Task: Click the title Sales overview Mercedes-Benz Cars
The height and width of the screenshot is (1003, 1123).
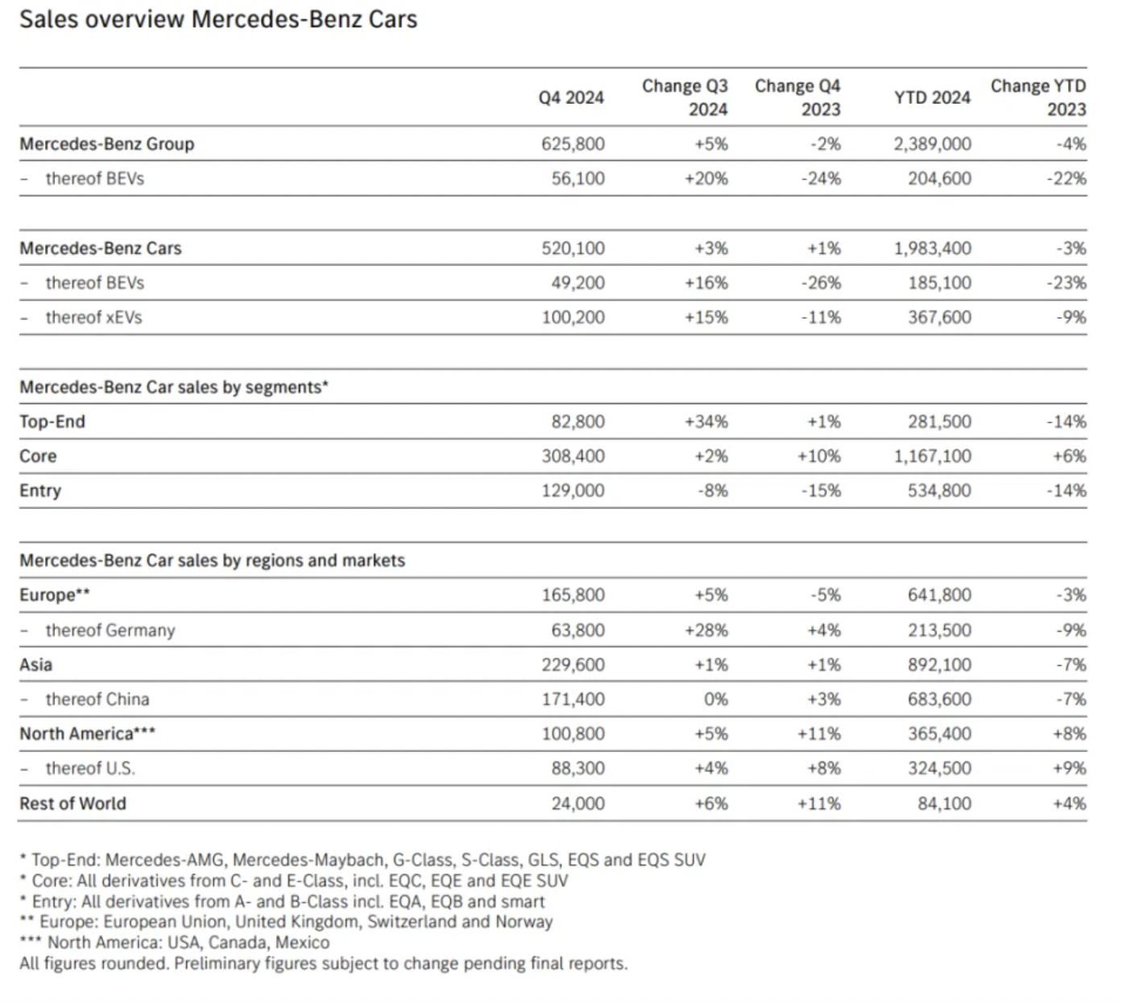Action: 218,19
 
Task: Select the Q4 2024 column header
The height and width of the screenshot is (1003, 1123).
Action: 571,97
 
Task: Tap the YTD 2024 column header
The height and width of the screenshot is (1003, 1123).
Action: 932,97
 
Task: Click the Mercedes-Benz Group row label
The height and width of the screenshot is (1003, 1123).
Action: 107,144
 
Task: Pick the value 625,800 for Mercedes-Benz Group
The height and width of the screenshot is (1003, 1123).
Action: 573,144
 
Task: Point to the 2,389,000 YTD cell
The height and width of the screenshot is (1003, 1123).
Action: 932,144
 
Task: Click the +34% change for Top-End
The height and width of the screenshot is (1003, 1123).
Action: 707,422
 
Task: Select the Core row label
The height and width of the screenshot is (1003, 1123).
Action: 38,456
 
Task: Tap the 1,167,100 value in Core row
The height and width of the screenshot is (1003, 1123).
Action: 932,456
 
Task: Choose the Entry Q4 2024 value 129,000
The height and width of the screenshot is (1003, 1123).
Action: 573,491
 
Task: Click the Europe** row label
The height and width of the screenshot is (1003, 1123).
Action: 54,595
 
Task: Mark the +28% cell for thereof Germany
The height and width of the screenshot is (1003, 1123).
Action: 707,629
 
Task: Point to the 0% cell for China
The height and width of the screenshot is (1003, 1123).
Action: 715,699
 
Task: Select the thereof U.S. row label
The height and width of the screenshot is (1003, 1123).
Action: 90,768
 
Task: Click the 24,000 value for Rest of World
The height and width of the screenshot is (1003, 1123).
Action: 578,803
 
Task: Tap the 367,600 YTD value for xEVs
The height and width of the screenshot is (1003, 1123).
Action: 939,317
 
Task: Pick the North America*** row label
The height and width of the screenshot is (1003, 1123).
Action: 88,733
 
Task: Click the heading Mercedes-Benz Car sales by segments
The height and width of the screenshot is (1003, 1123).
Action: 174,386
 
